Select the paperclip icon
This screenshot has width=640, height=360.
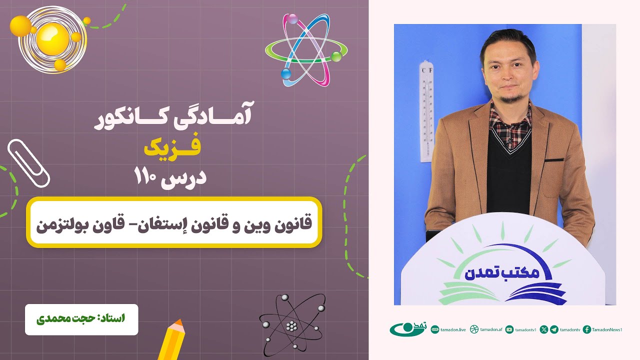(28, 162)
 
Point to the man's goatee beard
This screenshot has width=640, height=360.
(509, 98)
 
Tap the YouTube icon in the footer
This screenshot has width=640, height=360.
(509, 329)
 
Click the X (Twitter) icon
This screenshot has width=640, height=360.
(544, 329)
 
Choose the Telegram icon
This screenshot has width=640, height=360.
(554, 329)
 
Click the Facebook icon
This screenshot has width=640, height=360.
(587, 329)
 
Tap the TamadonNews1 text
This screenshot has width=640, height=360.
(607, 329)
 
